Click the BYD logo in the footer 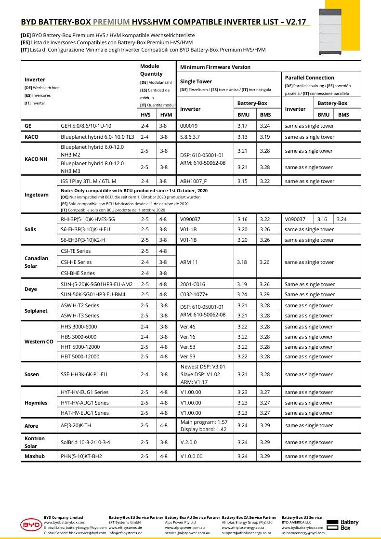point(31,525)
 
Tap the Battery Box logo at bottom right point(342,525)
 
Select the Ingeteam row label point(37,195)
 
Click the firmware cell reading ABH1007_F point(193,181)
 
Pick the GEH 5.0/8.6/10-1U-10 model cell point(86,126)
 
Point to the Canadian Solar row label point(37,262)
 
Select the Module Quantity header point(151,70)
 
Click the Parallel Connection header point(309,78)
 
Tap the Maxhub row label point(35,456)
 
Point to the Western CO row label point(39,342)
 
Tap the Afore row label point(31,426)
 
